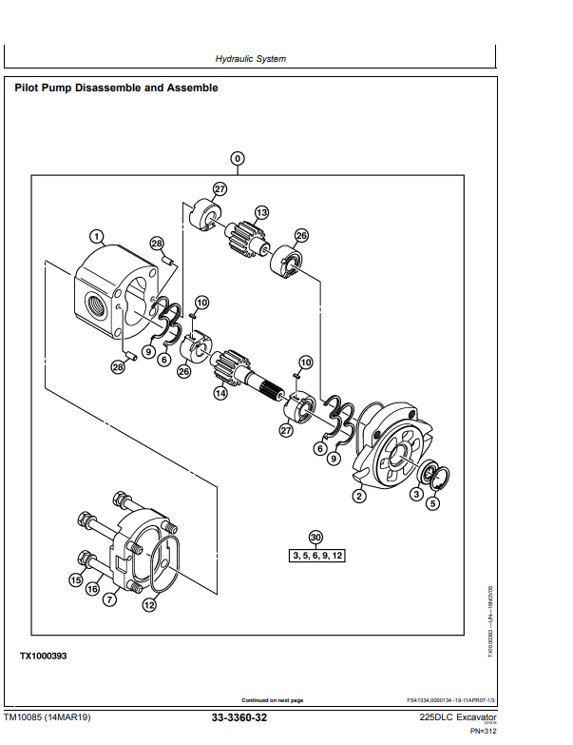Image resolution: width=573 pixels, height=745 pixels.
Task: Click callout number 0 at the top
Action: pyautogui.click(x=238, y=158)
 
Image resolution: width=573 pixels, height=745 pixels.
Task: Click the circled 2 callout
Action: pyautogui.click(x=359, y=495)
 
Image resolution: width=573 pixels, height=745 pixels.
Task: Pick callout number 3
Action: pyautogui.click(x=415, y=494)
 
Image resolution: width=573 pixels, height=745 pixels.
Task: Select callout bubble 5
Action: pyautogui.click(x=433, y=503)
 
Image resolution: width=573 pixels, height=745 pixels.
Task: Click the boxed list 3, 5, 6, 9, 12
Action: pyautogui.click(x=315, y=555)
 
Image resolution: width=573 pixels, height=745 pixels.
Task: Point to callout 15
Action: pyautogui.click(x=75, y=579)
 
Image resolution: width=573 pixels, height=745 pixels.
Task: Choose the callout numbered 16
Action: pyautogui.click(x=92, y=590)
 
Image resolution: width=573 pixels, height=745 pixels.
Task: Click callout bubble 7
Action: pyautogui.click(x=109, y=600)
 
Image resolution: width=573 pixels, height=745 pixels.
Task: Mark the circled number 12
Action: pyautogui.click(x=148, y=604)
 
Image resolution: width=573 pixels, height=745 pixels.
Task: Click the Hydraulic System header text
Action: pyautogui.click(x=251, y=59)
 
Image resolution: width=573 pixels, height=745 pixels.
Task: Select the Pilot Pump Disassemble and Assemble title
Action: pyautogui.click(x=116, y=88)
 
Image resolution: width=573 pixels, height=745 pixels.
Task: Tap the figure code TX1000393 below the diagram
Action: pyautogui.click(x=44, y=657)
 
